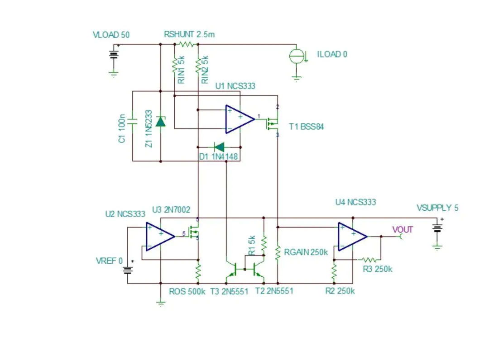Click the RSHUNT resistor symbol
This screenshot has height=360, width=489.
click(187, 44)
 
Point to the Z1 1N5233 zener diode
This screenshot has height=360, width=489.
click(161, 122)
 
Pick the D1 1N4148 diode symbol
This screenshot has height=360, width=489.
click(219, 147)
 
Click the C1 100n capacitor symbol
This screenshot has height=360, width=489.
click(132, 121)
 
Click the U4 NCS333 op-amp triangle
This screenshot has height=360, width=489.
click(352, 237)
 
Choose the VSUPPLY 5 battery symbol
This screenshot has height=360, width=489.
click(437, 228)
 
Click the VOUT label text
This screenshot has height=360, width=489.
click(403, 229)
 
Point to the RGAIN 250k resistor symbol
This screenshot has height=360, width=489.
click(278, 252)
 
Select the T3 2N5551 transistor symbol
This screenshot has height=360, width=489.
click(232, 269)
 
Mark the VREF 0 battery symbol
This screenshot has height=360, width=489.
click(128, 270)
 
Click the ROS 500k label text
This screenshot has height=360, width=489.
click(187, 291)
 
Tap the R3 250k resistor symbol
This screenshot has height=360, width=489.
click(369, 260)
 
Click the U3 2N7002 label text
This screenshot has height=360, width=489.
click(171, 210)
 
